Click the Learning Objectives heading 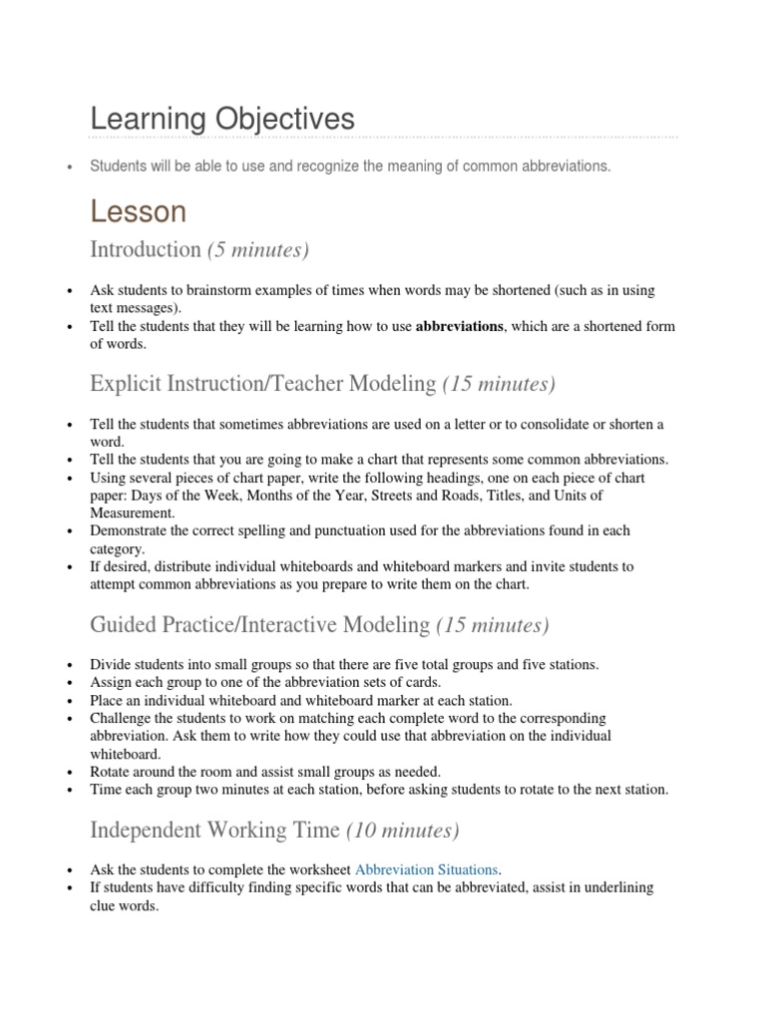(221, 120)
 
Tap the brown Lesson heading (138, 210)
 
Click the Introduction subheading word (145, 249)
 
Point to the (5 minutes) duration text (258, 249)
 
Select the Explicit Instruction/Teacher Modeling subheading (262, 384)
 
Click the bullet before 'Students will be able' (69, 168)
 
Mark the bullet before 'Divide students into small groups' (69, 665)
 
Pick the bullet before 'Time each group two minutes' (69, 790)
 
